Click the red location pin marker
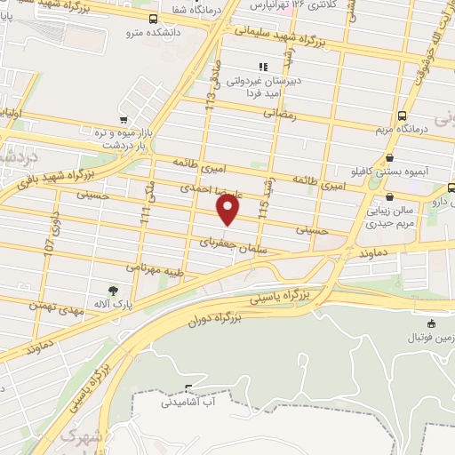pos(228,210)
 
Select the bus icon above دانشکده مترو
pos(154,19)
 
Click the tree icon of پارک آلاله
pos(112,290)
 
